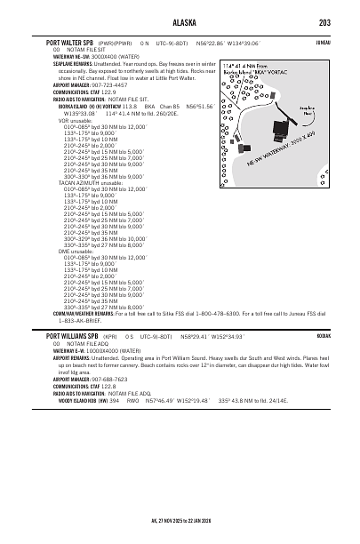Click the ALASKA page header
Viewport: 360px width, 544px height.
(180, 23)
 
